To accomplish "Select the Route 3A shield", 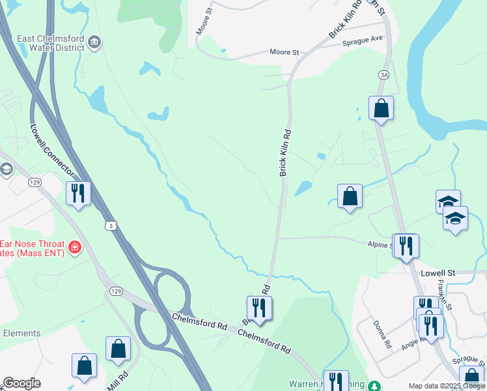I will click(384, 76).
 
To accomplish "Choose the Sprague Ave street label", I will click(363, 41).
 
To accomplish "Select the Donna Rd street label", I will click(382, 333).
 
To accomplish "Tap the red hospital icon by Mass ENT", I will click(75, 248).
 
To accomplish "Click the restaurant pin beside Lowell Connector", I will click(78, 193).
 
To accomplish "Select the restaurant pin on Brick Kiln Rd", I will click(259, 308).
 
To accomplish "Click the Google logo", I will click(21, 383).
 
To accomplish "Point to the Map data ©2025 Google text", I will click(447, 386).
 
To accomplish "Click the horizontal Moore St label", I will click(284, 51).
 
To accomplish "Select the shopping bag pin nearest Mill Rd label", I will click(118, 349).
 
